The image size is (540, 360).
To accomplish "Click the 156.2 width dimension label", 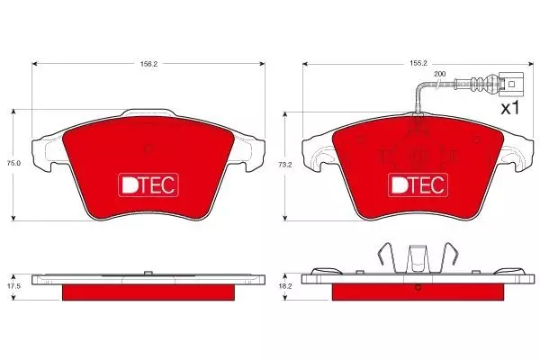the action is click(x=148, y=64).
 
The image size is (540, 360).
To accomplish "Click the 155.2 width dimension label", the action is click(x=418, y=63).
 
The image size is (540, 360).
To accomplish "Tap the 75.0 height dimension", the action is click(x=13, y=163).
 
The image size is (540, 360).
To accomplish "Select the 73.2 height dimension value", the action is click(x=285, y=165).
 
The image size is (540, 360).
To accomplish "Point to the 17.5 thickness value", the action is click(x=13, y=286).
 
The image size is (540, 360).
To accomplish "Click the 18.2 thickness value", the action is click(x=285, y=286).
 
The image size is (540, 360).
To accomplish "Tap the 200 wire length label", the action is click(x=440, y=74).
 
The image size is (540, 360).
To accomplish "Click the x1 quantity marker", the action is click(x=510, y=109).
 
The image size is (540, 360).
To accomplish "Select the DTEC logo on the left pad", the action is click(x=148, y=185).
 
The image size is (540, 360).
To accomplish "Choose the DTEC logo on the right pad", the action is click(x=418, y=185).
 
